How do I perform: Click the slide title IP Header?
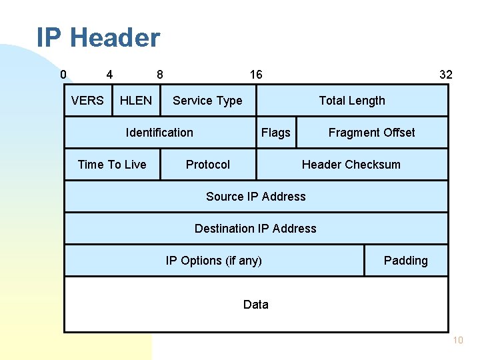[x=98, y=37]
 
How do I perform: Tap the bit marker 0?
[x=63, y=74]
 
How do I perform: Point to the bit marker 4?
[x=109, y=74]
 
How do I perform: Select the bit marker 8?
[x=159, y=74]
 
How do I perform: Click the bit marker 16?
[x=256, y=74]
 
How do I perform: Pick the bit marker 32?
[x=445, y=74]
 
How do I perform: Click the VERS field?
[x=87, y=101]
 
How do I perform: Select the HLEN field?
[x=136, y=101]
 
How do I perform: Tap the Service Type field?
[x=207, y=101]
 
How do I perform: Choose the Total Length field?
[x=352, y=101]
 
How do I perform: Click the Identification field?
[x=159, y=133]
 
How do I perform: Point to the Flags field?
[x=276, y=133]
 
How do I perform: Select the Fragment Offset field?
[x=371, y=133]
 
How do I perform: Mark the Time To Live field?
[x=112, y=165]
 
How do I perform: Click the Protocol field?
[x=208, y=165]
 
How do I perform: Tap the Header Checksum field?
[x=351, y=165]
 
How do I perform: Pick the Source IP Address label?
[x=256, y=197]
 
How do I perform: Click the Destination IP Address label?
[x=255, y=229]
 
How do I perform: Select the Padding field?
[x=405, y=261]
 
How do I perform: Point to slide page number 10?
[x=457, y=341]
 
